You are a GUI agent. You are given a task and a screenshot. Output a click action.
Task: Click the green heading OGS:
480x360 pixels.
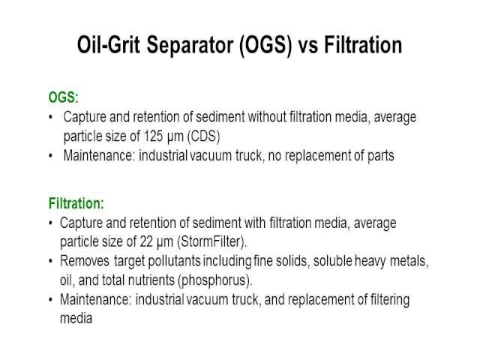[64, 97]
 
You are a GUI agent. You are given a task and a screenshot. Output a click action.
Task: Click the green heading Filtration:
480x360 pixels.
[76, 203]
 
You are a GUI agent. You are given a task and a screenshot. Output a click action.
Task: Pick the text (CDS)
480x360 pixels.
[203, 136]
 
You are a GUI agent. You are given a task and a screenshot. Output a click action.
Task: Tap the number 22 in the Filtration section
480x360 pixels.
[146, 241]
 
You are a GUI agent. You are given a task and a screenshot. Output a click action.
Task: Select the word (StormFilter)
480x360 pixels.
[211, 241]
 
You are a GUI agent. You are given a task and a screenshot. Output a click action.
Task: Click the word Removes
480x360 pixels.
[85, 261]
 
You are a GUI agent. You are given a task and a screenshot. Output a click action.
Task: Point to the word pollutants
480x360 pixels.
[174, 262]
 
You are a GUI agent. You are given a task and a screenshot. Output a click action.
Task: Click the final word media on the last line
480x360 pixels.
[76, 318]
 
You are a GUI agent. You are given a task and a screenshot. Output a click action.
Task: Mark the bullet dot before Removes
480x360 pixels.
[51, 261]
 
